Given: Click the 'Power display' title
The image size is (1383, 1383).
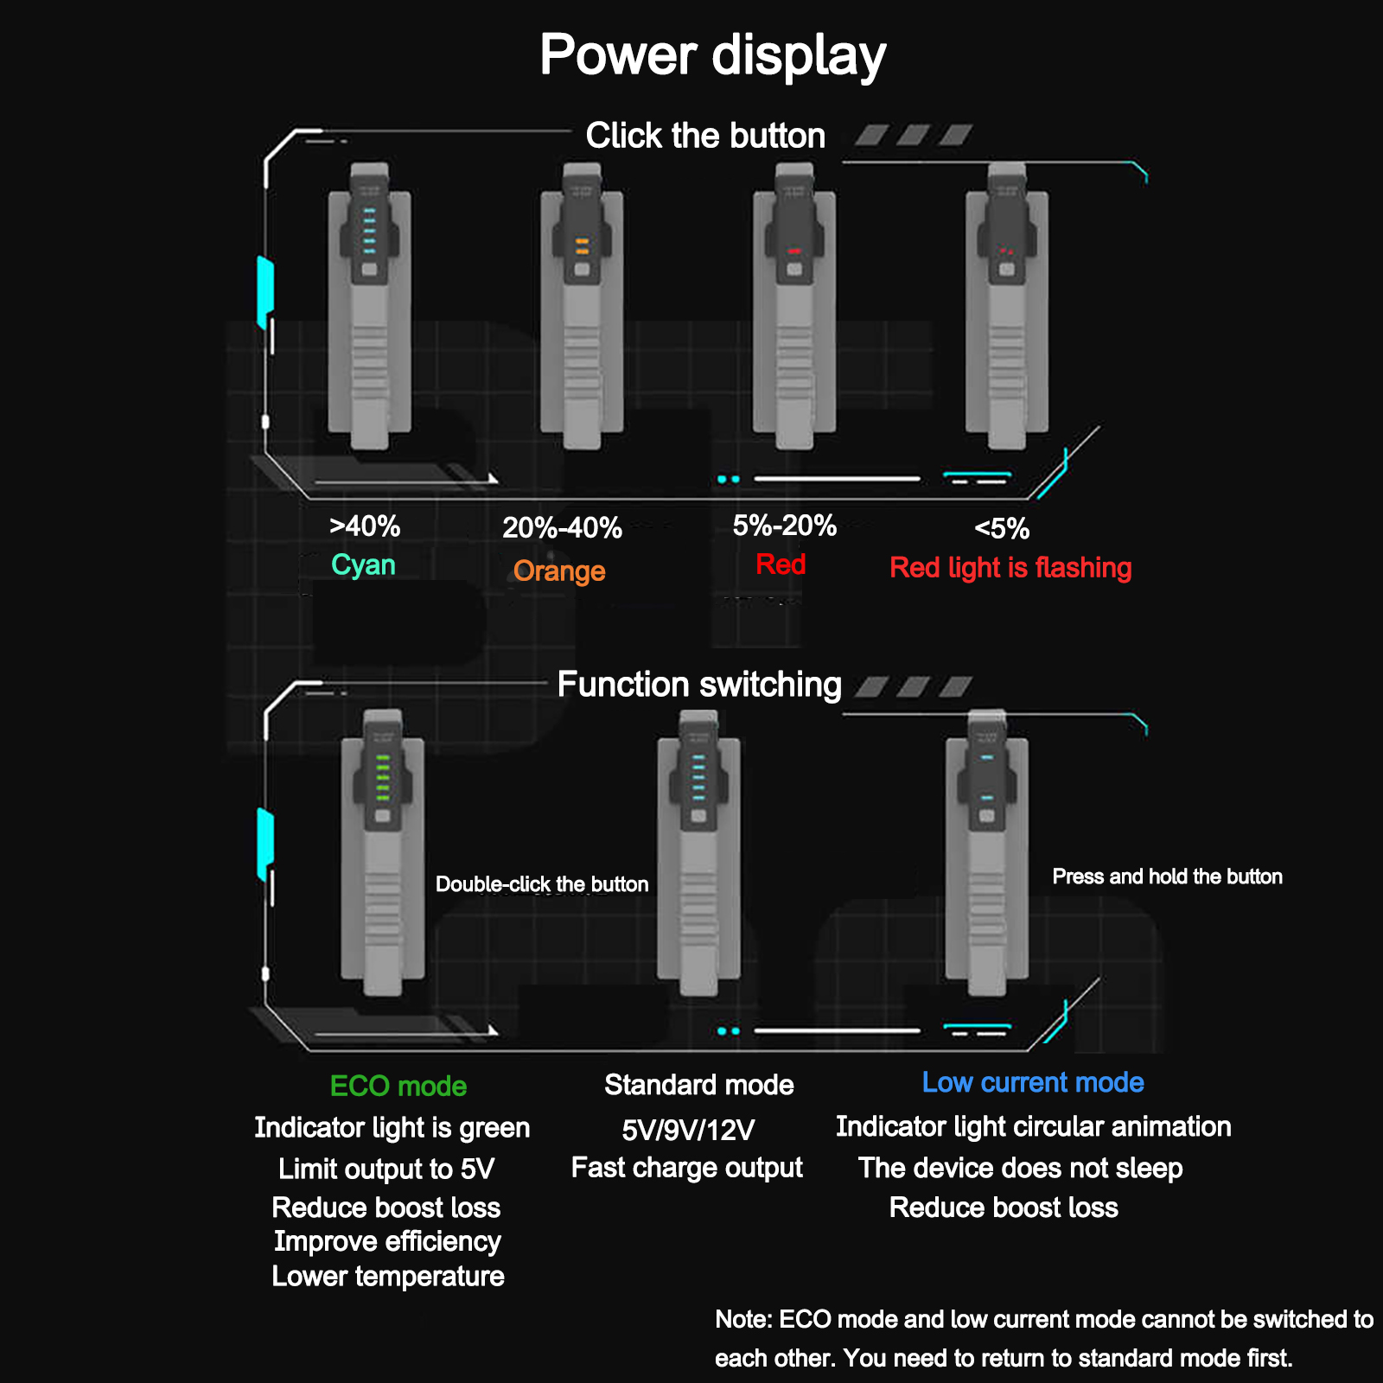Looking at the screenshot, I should point(712,55).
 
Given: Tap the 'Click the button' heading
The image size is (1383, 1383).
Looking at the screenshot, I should point(705,136).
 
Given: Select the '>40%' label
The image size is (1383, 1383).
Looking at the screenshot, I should point(365,526).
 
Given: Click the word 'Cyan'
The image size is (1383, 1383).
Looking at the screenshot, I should point(363,565).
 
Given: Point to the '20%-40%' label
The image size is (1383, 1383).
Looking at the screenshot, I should point(562,527).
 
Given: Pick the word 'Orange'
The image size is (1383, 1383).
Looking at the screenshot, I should point(559,571).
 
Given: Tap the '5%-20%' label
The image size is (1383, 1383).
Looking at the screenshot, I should point(785,526).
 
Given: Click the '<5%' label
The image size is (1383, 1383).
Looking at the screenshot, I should point(1002,528).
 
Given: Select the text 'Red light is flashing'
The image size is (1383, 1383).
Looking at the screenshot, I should point(1010,568).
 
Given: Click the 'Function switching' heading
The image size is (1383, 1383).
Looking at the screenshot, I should point(699,685).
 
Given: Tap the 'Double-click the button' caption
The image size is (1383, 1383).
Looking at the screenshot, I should point(542,884).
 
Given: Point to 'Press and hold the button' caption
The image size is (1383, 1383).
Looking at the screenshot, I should point(1167,876).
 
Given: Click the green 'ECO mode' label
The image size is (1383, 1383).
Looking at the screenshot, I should point(398,1086).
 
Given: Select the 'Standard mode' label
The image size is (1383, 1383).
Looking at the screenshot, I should point(699,1085).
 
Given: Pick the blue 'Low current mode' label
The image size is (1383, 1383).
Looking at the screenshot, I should point(1033,1082).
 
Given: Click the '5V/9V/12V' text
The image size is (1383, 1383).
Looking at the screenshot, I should point(688,1130).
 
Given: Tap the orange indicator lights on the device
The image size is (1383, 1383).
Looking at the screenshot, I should point(582,246).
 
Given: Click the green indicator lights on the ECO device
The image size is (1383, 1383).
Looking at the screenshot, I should point(383,777).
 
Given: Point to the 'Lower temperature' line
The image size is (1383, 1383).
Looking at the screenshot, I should point(388,1277).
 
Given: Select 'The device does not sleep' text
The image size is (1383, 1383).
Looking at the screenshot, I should point(1020,1168).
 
